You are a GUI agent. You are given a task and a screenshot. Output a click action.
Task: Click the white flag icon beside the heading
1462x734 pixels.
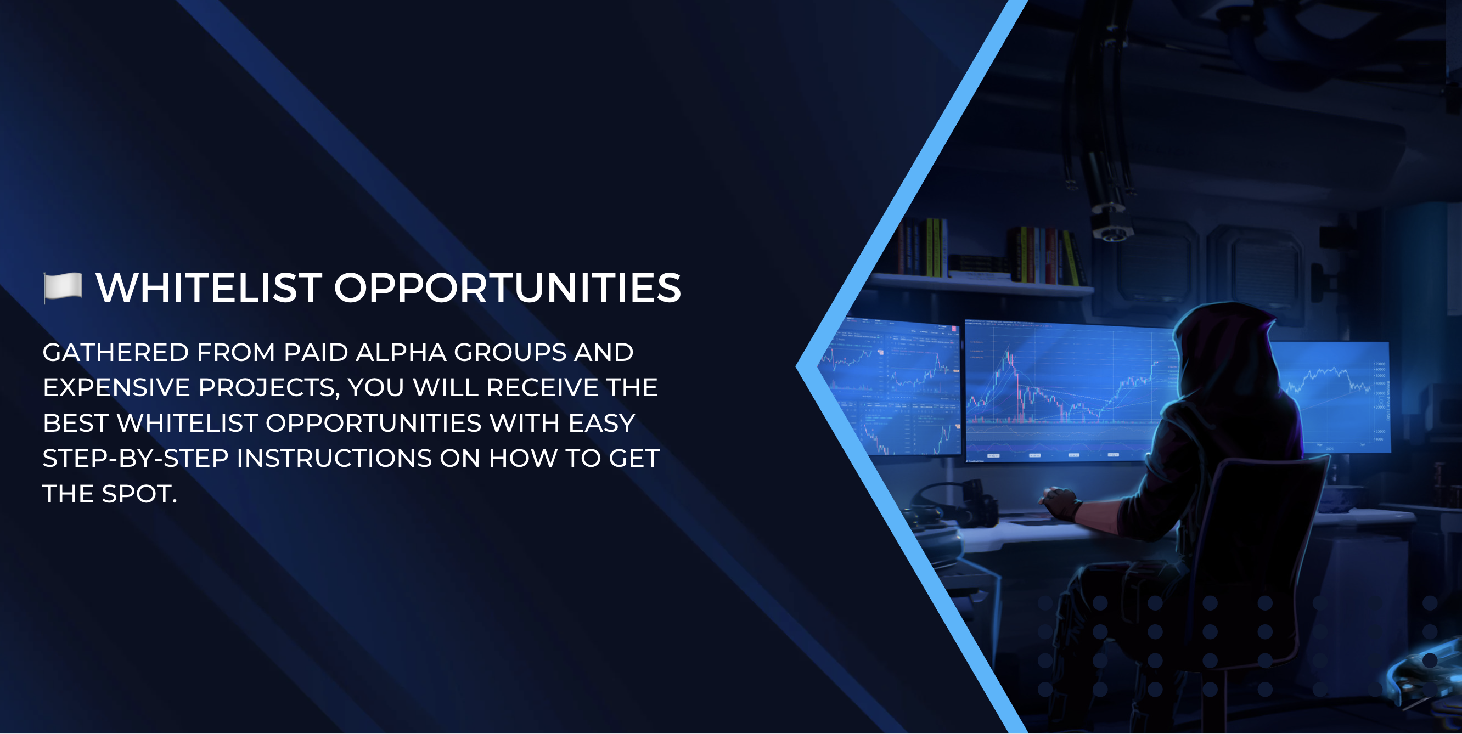tap(63, 287)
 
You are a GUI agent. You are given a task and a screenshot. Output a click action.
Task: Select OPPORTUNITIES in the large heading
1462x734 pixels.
tap(508, 287)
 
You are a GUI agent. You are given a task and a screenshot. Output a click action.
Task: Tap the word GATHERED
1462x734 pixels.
tap(116, 352)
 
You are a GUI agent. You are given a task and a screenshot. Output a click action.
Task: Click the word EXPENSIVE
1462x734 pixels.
tap(116, 387)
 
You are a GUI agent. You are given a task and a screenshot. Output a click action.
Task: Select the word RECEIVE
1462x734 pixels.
tap(542, 387)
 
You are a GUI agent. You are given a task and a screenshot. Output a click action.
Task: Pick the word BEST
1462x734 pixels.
tap(76, 423)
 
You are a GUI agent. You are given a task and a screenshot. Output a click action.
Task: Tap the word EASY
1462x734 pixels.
tap(601, 423)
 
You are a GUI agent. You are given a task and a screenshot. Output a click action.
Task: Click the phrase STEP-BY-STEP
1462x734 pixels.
tap(136, 458)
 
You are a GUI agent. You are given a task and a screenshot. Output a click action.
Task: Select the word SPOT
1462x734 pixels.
tap(139, 494)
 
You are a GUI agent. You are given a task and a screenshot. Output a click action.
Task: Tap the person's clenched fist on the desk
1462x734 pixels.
tap(1060, 502)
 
